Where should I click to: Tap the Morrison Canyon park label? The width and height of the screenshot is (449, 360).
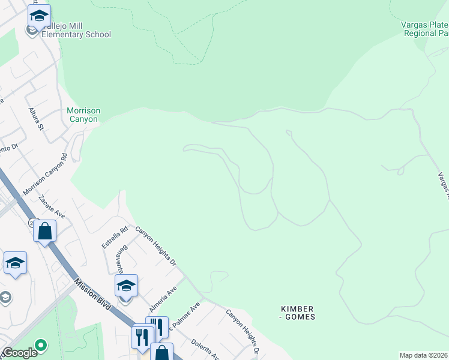pos(83,115)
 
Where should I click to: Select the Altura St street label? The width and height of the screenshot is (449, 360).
pos(37,119)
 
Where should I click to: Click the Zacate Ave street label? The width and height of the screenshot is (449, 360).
pos(51,205)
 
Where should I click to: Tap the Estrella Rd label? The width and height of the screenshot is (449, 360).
pos(107,237)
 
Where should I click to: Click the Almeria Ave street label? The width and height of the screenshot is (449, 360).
pos(163,298)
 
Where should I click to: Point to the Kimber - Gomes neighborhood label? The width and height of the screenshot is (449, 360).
pos(298,313)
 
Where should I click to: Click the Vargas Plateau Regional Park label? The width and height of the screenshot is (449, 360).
pos(425,28)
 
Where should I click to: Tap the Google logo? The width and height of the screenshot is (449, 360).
pos(19,353)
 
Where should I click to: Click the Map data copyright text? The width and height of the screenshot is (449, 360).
pos(424,355)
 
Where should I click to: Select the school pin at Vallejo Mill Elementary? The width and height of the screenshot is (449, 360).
pos(39,16)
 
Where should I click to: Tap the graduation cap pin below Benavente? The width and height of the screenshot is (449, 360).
pos(126,286)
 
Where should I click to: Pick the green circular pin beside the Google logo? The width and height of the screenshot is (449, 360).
pos(41,345)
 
